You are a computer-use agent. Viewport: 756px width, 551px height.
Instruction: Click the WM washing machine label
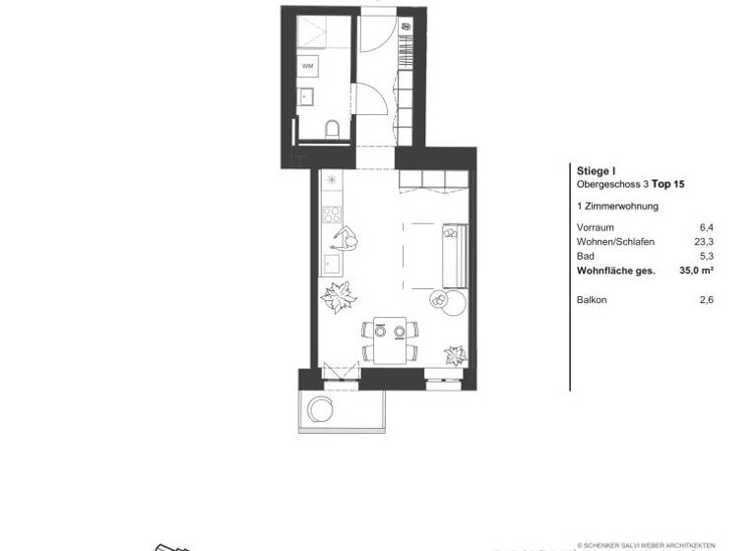click(x=308, y=66)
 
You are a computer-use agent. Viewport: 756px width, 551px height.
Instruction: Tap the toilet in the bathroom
click(x=332, y=127)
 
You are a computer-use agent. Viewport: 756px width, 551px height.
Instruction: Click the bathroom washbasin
click(x=305, y=97)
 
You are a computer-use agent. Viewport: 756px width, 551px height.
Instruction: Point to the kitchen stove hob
click(x=332, y=214)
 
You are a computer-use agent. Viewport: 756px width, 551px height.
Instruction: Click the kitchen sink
click(x=331, y=265)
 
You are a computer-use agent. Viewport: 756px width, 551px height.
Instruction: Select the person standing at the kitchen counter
click(x=346, y=238)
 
